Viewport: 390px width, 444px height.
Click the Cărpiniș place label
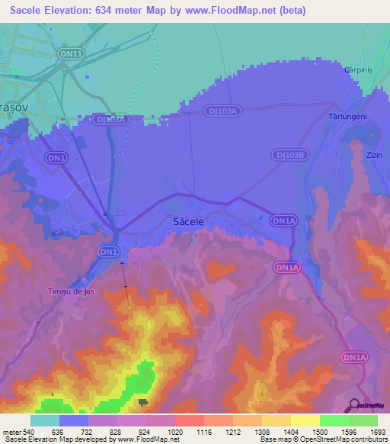[x=360, y=68]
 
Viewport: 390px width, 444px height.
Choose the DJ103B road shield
[x=290, y=155]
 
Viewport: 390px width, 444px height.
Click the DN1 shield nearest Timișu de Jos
[x=109, y=251]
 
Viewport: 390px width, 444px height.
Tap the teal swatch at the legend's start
[x=45, y=420]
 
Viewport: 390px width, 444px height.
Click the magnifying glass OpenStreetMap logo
[x=355, y=406]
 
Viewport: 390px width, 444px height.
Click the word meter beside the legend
[x=11, y=432]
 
